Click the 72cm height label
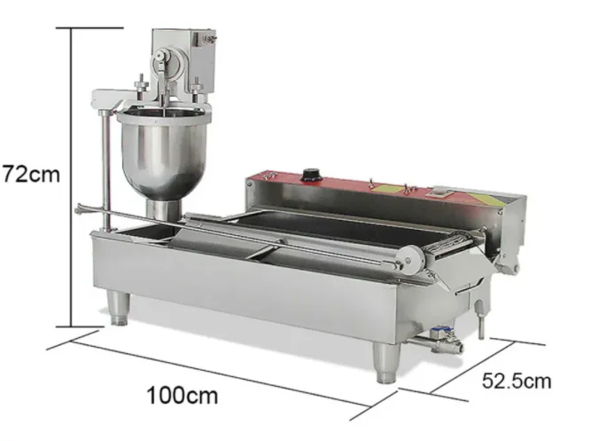[31, 174]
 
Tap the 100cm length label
[183, 395]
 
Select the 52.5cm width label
[517, 381]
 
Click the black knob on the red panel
[311, 175]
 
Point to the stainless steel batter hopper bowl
[164, 153]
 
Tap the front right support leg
[387, 362]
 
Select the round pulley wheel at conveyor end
[411, 260]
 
